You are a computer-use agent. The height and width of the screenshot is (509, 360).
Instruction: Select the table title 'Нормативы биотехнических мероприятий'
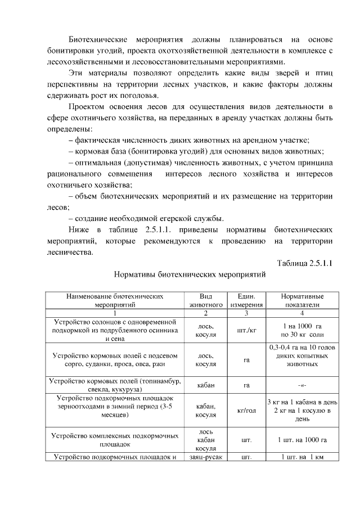pos(189,277)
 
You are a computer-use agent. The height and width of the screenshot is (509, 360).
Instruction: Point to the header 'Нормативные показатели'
pos(302,300)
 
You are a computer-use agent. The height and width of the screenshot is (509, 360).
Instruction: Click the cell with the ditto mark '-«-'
pos(302,385)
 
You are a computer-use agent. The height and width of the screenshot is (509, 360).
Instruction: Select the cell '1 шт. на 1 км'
pos(302,457)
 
